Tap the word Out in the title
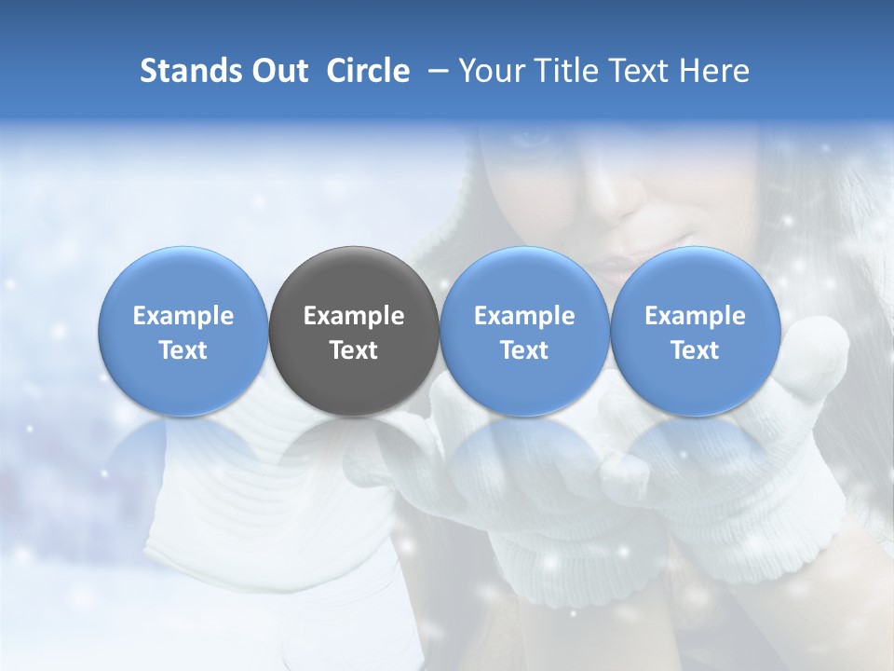(x=277, y=71)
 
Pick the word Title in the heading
(x=562, y=71)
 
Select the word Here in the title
(x=713, y=71)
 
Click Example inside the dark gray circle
(x=354, y=316)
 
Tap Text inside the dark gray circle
(x=354, y=350)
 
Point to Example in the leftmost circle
(x=183, y=316)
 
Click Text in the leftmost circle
(x=183, y=350)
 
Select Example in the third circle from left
(x=524, y=316)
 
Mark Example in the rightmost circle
(x=696, y=316)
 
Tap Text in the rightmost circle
(x=696, y=350)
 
